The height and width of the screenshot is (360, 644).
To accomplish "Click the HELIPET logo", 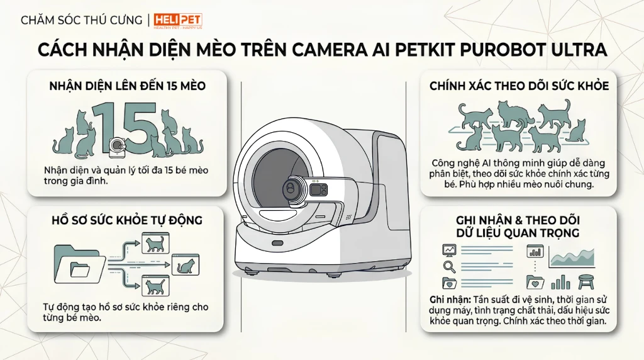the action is point(178,21).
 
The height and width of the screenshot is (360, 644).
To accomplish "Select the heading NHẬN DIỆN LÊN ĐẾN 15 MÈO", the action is point(127,86).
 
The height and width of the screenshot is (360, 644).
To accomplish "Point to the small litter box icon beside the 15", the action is point(118,147).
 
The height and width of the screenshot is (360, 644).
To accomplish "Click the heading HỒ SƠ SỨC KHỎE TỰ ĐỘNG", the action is point(127,220).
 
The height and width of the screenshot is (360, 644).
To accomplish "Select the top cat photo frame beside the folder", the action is point(155,244).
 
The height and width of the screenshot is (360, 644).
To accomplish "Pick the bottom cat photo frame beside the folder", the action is point(155,286).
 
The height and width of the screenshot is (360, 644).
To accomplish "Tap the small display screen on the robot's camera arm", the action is point(319,189).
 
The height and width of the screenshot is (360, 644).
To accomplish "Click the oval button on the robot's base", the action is point(278,243).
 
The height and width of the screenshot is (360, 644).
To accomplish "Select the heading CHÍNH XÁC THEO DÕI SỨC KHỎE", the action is point(519,86).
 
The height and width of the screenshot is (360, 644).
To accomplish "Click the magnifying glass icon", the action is point(449,267).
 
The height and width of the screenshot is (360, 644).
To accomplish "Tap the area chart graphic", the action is point(572,257).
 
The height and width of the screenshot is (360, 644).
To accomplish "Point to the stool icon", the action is point(586,282).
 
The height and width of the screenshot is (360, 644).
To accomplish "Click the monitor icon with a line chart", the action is point(449,250).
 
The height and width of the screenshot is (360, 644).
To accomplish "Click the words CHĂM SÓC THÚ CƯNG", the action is point(81,20).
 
